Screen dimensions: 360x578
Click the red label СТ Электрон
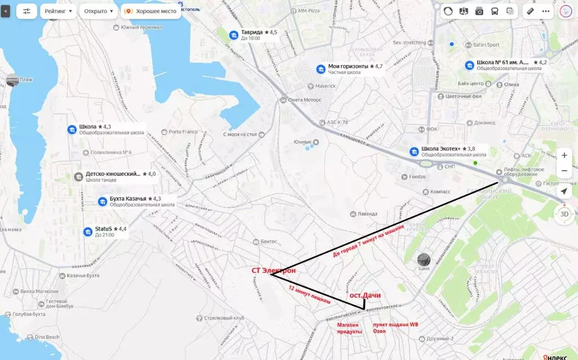(273, 270)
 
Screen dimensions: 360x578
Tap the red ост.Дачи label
(364, 296)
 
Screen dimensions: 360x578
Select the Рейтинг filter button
(58, 11)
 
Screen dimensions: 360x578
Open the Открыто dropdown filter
(98, 11)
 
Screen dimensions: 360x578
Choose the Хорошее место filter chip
(151, 11)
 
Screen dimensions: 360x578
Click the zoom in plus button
(564, 155)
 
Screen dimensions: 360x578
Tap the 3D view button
(564, 214)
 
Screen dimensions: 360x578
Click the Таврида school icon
(233, 35)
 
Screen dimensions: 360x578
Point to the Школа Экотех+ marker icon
(414, 151)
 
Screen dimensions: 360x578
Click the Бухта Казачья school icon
(102, 201)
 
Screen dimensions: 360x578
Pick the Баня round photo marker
(424, 260)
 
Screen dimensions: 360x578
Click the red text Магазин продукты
(349, 328)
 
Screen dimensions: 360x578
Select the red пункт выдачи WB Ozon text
(395, 328)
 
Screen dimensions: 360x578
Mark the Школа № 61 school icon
(469, 65)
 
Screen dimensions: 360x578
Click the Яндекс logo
(555, 356)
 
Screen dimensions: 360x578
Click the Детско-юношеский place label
(113, 174)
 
